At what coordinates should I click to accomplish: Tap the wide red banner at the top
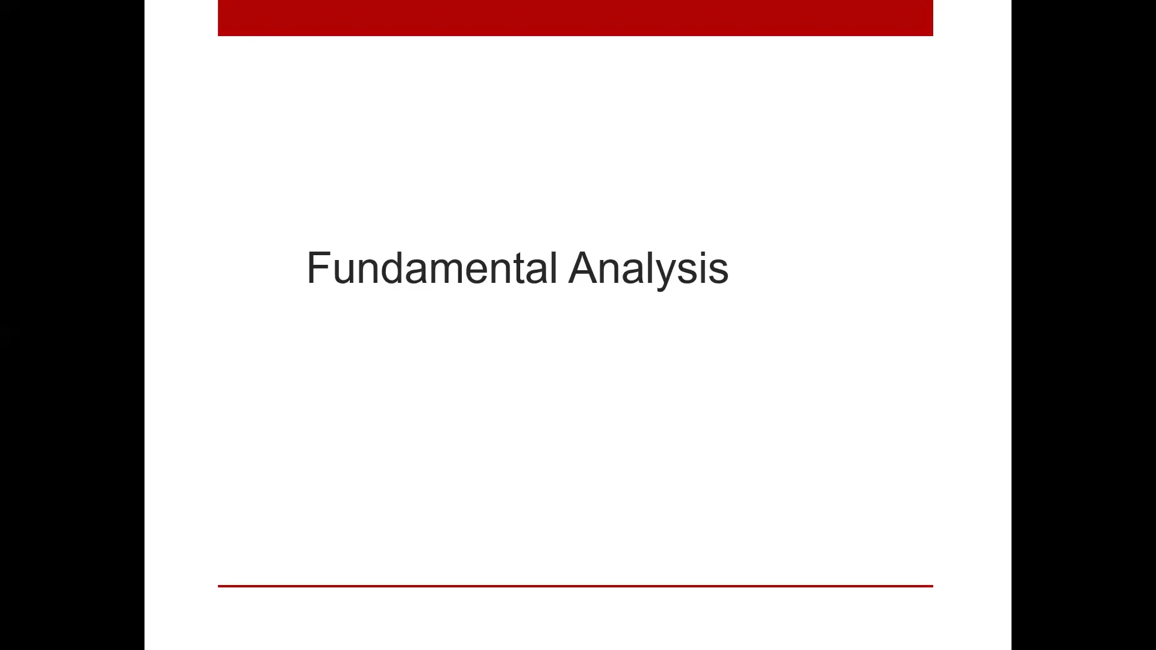point(575,18)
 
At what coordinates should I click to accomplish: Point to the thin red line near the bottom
point(575,586)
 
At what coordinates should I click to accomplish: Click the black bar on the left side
point(72,325)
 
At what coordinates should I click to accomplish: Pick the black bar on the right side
point(1084,325)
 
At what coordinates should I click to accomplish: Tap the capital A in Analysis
point(586,268)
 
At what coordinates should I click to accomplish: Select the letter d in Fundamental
point(392,268)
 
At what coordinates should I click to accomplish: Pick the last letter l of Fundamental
point(553,268)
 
